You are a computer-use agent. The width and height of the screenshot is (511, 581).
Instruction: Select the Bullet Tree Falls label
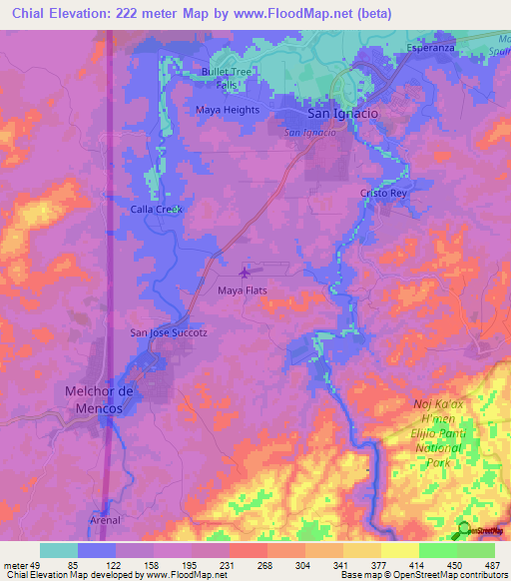pos(229,79)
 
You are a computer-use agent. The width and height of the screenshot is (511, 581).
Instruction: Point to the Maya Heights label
pos(228,110)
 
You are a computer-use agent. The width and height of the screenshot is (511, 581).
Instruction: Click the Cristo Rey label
pos(385,192)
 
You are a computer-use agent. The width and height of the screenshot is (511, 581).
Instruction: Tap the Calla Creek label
pos(157,209)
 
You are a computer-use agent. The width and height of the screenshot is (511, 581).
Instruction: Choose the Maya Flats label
pos(243,290)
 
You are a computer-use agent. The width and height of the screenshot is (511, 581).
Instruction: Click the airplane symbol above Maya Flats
pos(246,271)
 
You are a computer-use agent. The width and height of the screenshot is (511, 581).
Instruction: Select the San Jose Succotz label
pos(169,332)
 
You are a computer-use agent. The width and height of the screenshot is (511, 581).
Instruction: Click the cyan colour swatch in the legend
pos(59,550)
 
